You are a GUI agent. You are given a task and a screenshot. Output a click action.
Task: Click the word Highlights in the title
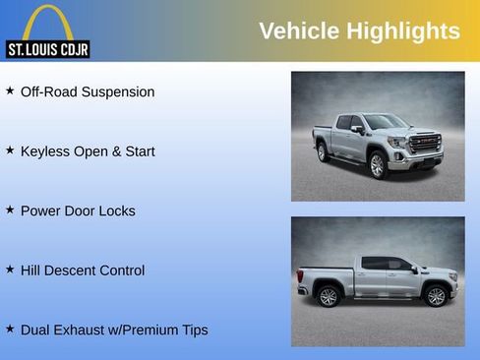(401, 31)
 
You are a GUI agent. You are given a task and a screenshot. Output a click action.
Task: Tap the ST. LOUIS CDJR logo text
(48, 48)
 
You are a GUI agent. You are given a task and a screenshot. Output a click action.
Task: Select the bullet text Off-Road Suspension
(88, 91)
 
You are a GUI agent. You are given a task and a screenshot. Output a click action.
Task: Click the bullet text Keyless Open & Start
(88, 151)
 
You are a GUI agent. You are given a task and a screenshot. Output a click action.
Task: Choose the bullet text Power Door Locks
(78, 210)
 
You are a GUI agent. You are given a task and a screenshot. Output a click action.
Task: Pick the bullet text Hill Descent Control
(83, 270)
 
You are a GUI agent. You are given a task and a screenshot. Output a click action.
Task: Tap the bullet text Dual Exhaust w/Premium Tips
(114, 330)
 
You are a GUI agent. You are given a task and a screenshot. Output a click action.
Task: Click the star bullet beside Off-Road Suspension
(10, 90)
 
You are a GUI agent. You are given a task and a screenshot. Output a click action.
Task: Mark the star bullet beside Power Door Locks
(10, 210)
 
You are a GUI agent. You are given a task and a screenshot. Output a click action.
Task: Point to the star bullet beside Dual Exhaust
(10, 329)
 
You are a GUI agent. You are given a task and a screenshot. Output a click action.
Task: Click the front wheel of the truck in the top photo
(377, 164)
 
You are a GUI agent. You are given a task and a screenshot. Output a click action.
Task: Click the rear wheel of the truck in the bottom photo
(329, 296)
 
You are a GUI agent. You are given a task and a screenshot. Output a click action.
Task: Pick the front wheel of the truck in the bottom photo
(435, 295)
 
